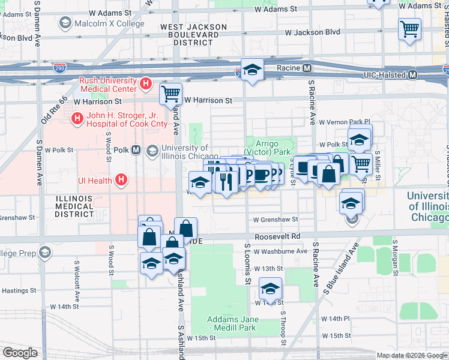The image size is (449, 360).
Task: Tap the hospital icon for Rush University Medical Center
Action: click(145, 83)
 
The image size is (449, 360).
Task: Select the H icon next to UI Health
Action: click(122, 179)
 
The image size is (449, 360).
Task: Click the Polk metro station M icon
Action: click(136, 150)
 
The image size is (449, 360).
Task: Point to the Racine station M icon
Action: click(306, 68)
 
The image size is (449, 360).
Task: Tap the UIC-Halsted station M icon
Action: click(412, 75)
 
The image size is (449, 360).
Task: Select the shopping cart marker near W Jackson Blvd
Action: click(409, 28)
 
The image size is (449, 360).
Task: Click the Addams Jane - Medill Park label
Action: click(232, 323)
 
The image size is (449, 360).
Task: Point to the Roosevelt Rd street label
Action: click(276, 237)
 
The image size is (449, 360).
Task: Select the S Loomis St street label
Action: click(247, 264)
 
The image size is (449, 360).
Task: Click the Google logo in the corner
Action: click(20, 353)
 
